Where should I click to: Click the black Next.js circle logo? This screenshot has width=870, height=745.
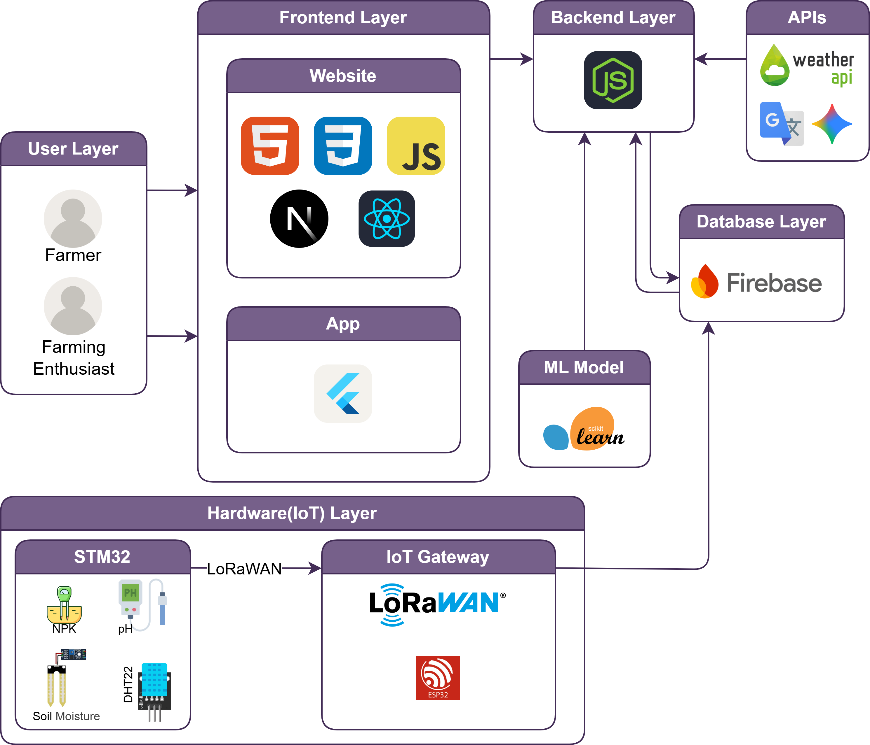point(299,219)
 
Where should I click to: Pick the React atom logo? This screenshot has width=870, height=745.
point(387,219)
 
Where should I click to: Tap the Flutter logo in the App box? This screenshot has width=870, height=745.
point(343,393)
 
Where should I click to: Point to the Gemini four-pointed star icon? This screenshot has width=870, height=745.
point(832,124)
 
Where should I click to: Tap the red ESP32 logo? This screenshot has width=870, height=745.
point(438,677)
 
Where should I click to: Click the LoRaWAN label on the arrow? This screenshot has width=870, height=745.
point(244,569)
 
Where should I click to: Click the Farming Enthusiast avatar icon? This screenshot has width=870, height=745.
point(73,306)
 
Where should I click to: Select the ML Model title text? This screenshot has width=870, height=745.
point(584,367)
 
